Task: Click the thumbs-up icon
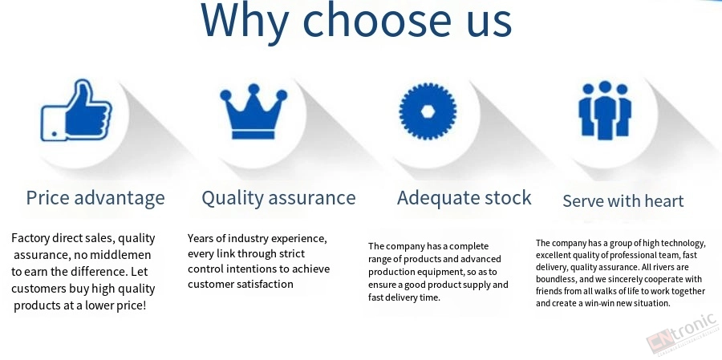(76, 111)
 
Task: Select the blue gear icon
(428, 111)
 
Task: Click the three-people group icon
(605, 110)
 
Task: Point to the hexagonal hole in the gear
(428, 111)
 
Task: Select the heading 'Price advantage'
(95, 198)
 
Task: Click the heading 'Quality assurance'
(278, 198)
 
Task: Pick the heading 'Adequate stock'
(464, 198)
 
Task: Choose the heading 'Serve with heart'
(623, 201)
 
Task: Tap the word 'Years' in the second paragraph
(201, 238)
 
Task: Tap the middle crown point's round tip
(254, 88)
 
